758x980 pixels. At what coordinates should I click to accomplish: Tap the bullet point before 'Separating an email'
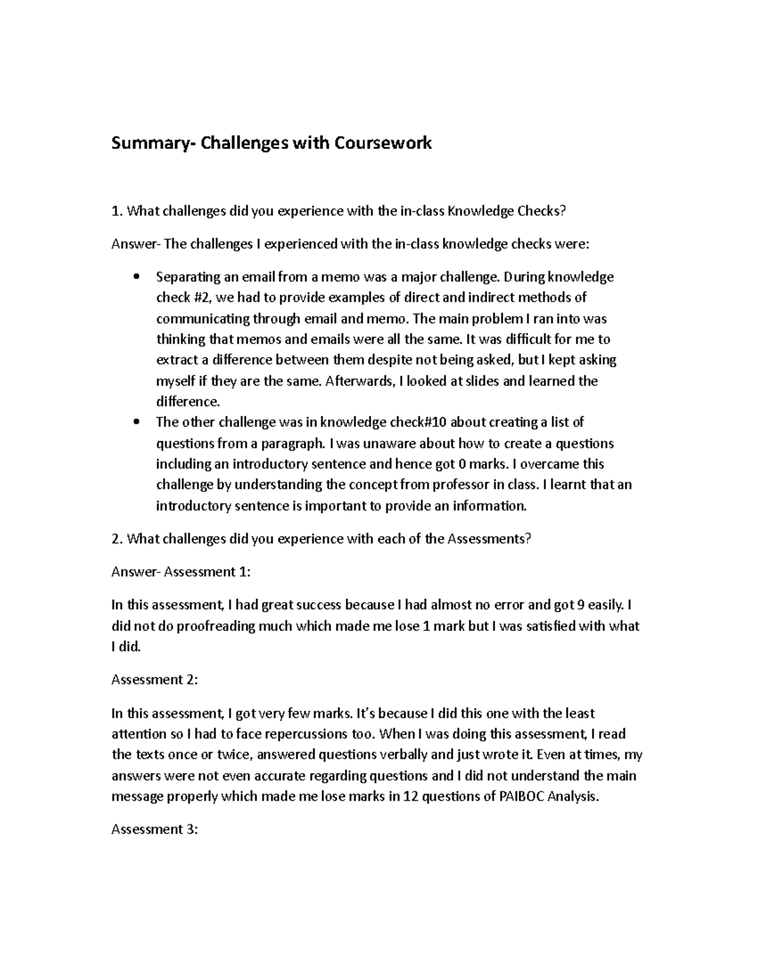136,278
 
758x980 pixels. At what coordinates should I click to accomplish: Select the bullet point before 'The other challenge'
136,423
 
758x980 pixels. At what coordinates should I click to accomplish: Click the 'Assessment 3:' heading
155,829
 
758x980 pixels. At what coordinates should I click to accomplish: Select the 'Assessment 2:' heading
155,680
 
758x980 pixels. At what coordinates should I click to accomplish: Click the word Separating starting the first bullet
186,277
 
